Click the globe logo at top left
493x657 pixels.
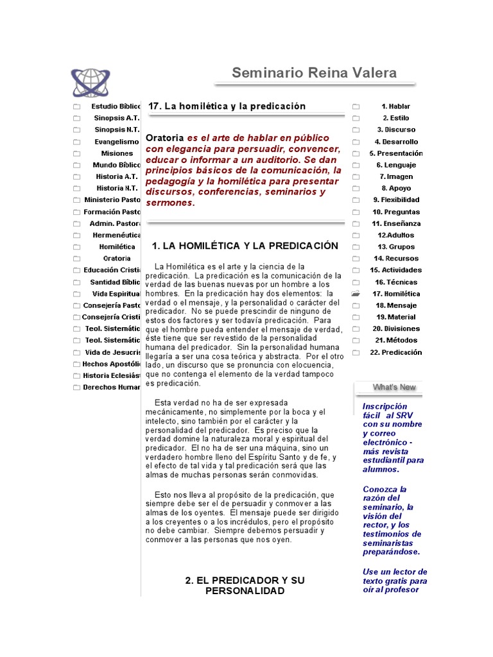tap(91, 82)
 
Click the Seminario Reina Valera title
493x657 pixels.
tap(314, 73)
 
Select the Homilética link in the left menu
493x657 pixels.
tap(117, 246)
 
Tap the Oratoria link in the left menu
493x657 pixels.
tap(117, 258)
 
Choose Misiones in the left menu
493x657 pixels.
tap(117, 153)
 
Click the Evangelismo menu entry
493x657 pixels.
tap(117, 141)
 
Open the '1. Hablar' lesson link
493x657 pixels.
tap(395, 107)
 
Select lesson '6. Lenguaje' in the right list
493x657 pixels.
tap(396, 165)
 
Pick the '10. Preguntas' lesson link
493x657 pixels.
tap(396, 212)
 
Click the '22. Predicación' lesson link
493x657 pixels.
tap(396, 352)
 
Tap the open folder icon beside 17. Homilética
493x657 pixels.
tap(356, 294)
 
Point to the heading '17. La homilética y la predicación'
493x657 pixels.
tap(227, 106)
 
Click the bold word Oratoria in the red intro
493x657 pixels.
tap(165, 138)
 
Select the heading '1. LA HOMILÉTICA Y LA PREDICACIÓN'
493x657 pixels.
tap(245, 246)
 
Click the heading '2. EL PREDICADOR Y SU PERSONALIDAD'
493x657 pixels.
tap(245, 585)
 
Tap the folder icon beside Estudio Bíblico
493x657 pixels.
tap(76, 107)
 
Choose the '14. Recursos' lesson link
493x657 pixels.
tap(396, 259)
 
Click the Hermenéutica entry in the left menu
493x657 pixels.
tap(117, 235)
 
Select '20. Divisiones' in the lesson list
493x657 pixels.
tap(396, 328)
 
